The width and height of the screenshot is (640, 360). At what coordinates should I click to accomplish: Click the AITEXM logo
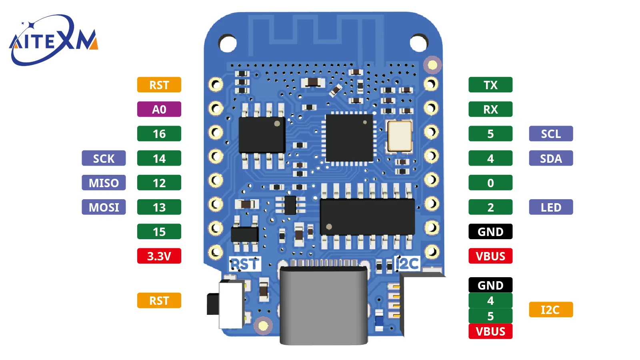tap(54, 40)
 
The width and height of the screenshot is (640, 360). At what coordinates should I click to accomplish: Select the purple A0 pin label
tap(159, 109)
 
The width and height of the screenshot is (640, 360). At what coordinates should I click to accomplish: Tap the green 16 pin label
tap(159, 134)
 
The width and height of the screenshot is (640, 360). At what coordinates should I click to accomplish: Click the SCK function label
tap(104, 158)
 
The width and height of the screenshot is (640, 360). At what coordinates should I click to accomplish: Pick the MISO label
tap(104, 182)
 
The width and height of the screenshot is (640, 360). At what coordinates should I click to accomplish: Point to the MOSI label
tap(104, 207)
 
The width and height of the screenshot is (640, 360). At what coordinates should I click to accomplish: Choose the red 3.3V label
tap(159, 256)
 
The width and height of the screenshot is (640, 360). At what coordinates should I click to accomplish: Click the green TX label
tap(490, 85)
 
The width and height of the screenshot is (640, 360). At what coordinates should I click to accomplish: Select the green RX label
tap(490, 109)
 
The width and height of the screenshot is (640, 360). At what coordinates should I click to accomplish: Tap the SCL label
tap(551, 134)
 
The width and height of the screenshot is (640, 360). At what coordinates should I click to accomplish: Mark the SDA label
tap(551, 158)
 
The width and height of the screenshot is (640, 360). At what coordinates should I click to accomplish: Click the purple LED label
tap(551, 207)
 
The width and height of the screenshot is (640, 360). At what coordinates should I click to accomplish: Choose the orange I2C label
tap(551, 310)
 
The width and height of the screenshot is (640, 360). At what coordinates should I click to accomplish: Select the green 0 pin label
tap(490, 182)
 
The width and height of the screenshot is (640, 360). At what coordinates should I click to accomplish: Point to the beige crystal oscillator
tap(400, 136)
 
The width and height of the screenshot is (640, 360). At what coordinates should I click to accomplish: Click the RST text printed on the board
tap(245, 264)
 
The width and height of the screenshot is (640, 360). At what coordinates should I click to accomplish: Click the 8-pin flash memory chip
tap(262, 136)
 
